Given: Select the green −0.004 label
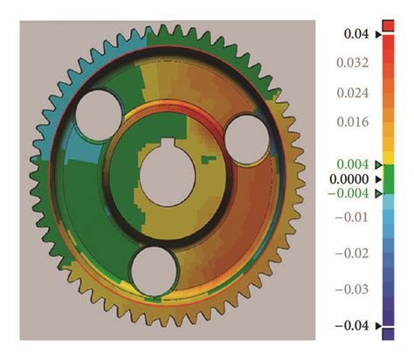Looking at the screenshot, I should click(354, 193).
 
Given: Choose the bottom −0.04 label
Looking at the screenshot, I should click(354, 326).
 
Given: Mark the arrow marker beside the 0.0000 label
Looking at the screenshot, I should click(377, 178).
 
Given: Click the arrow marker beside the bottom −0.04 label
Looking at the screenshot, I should click(377, 326).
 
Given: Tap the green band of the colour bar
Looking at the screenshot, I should click(389, 178).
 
